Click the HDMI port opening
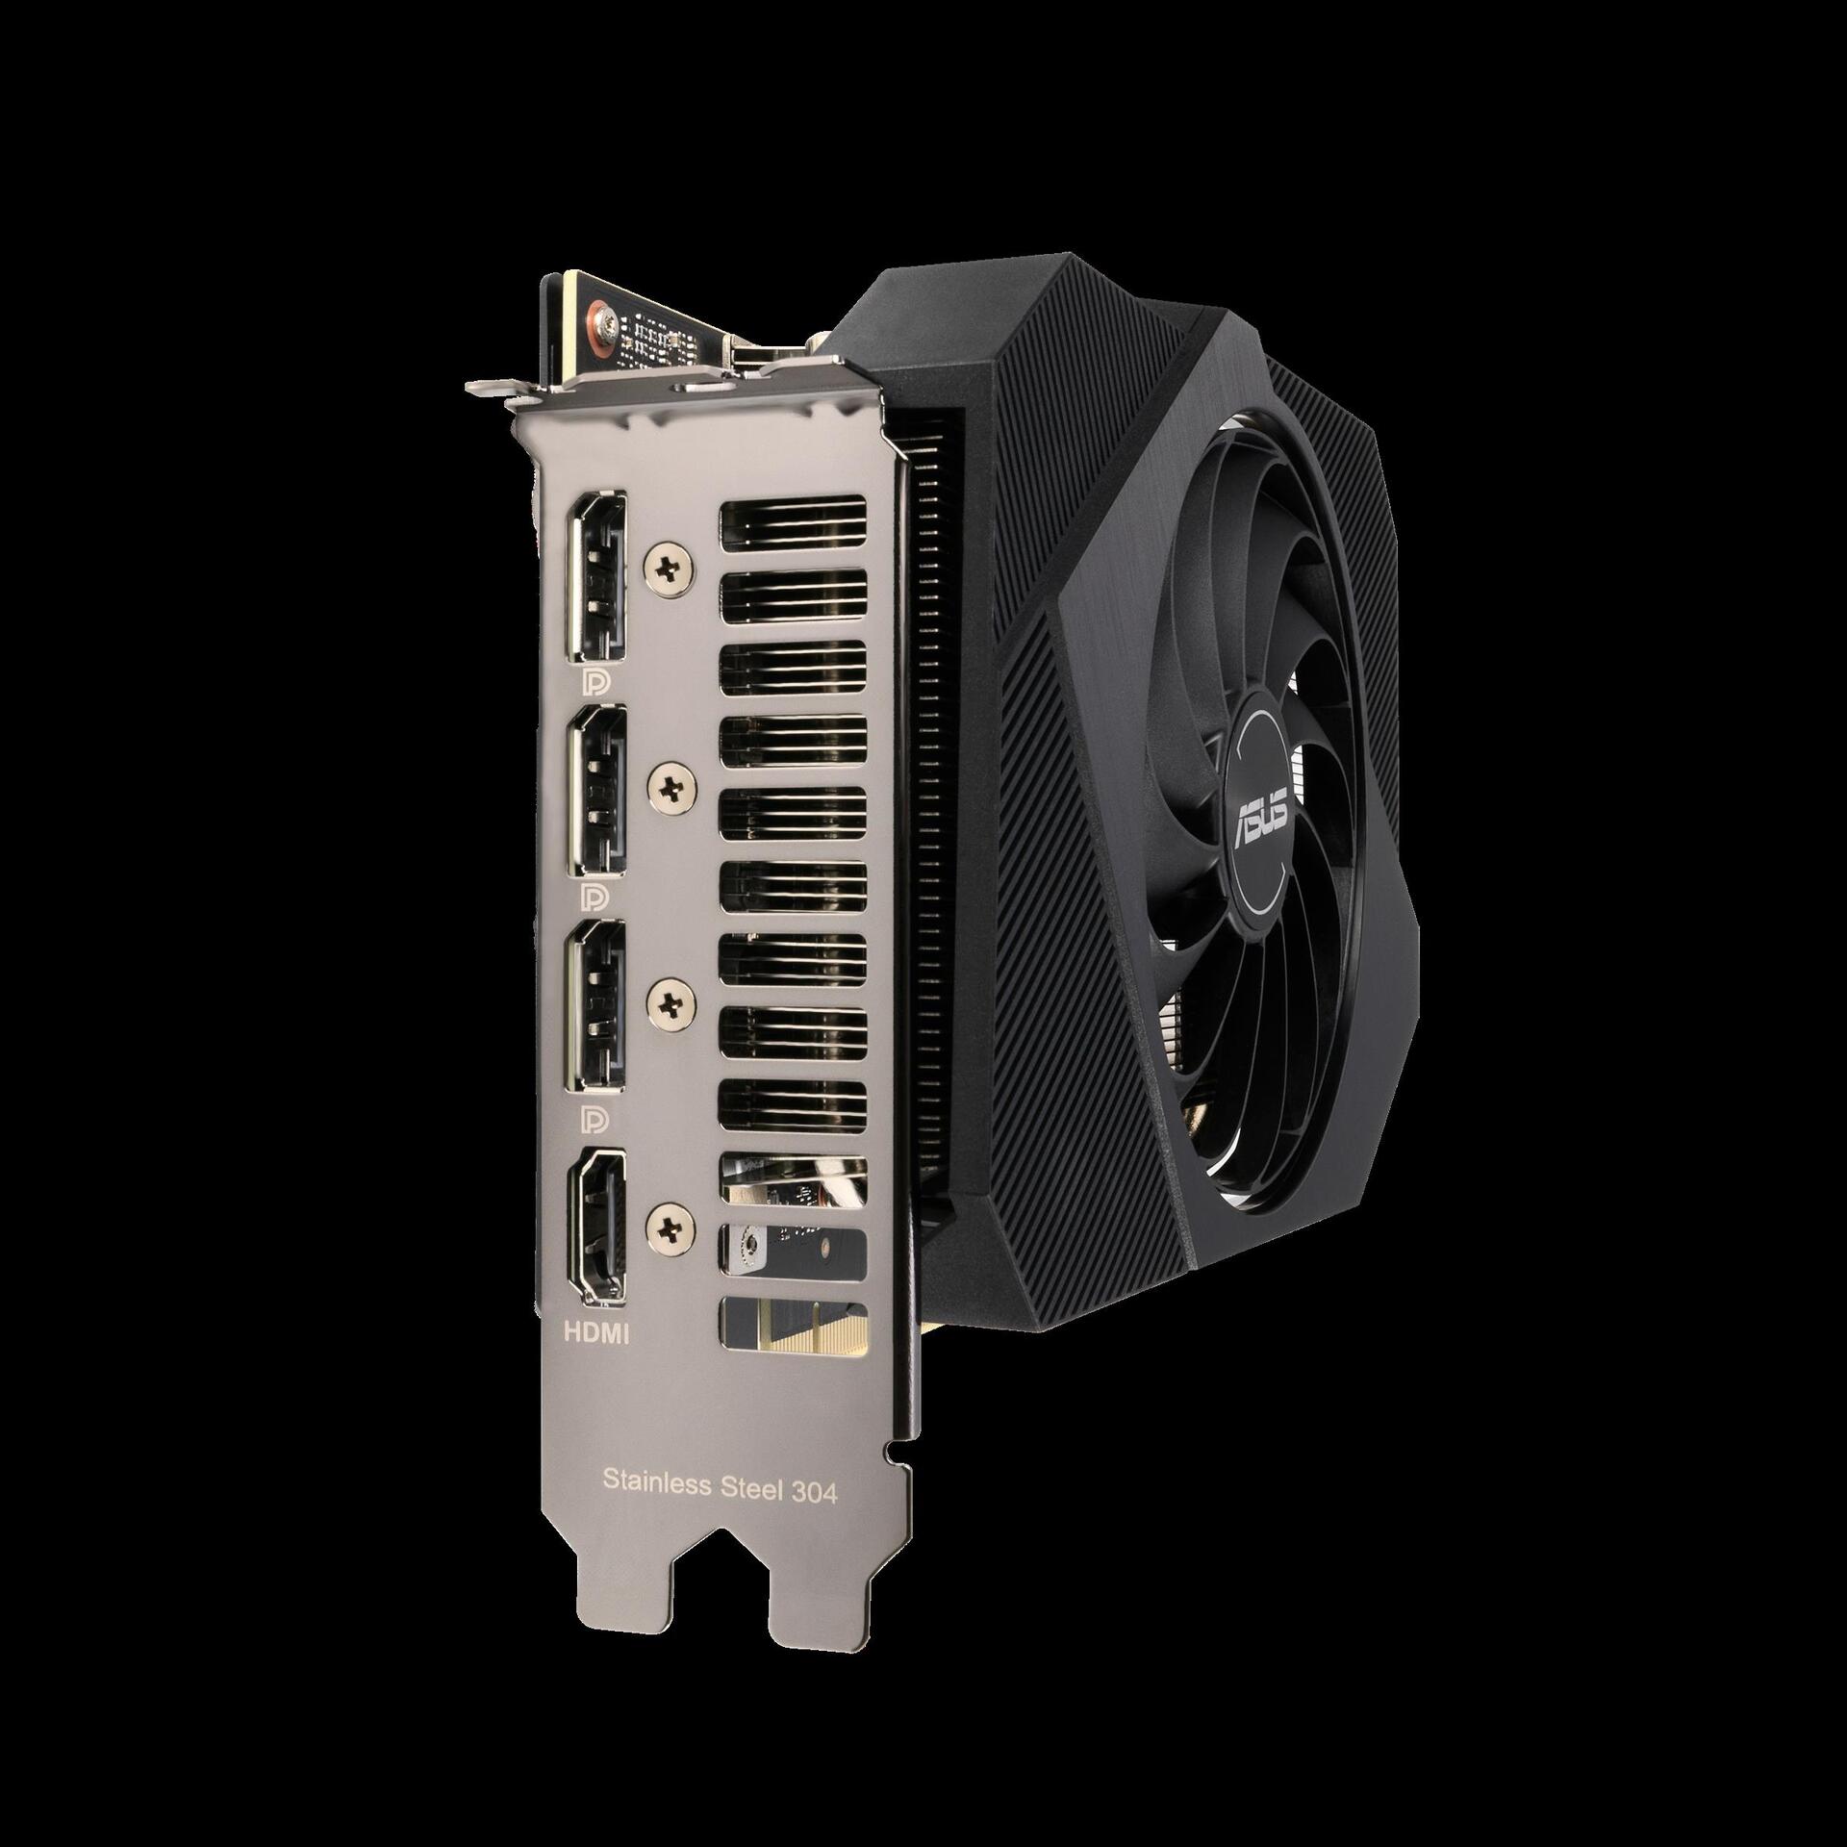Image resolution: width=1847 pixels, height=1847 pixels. point(597,1227)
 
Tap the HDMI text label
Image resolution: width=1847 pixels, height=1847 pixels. point(595,1333)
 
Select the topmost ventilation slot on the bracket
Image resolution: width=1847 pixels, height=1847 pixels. point(794,525)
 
